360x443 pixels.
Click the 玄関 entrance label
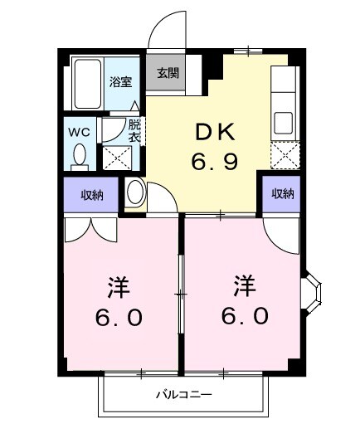pyautogui.click(x=167, y=73)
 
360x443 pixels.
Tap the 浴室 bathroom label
pyautogui.click(x=121, y=81)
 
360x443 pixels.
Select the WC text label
pyautogui.click(x=79, y=131)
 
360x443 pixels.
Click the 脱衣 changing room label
pyautogui.click(x=134, y=130)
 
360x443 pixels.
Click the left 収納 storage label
pyautogui.click(x=92, y=195)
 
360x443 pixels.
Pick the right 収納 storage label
pyautogui.click(x=283, y=194)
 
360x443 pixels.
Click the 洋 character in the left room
pyautogui.click(x=118, y=288)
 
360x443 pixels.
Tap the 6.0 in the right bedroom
pyautogui.click(x=244, y=316)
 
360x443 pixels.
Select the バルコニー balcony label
pyautogui.click(x=184, y=395)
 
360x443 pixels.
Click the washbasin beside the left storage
pyautogui.click(x=134, y=194)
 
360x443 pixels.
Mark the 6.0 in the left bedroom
pyautogui.click(x=118, y=317)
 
